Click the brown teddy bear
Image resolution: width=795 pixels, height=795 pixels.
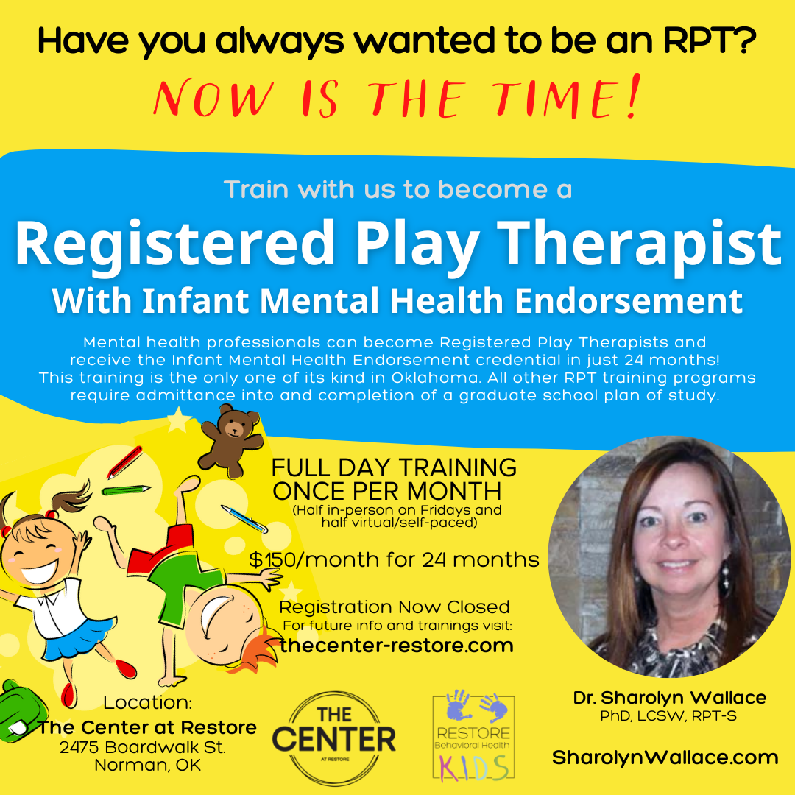point(229,439)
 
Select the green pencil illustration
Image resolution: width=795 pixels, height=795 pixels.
point(125,490)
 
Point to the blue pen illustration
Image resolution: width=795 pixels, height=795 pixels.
point(244,518)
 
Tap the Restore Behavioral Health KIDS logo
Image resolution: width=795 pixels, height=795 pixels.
point(473,737)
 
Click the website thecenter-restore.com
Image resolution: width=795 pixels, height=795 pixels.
point(397,646)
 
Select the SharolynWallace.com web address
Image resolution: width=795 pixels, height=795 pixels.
point(665,757)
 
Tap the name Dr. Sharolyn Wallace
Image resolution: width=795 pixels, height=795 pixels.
point(670,698)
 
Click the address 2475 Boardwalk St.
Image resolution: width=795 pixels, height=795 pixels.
point(144,746)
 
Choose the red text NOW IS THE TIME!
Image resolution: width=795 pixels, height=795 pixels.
point(396,99)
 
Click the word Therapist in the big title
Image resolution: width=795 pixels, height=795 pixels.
point(648,244)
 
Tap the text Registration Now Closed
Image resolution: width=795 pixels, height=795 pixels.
point(395,607)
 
